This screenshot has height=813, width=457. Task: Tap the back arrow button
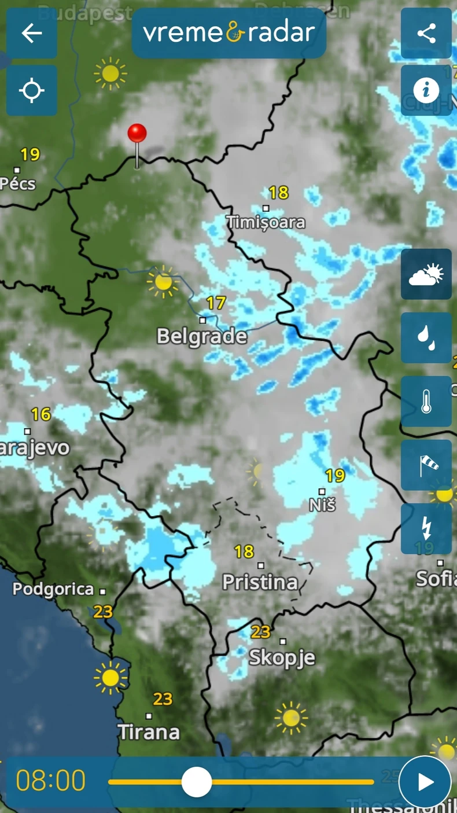click(x=32, y=33)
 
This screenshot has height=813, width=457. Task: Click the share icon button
click(x=426, y=33)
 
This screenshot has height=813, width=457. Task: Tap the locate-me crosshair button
click(x=32, y=91)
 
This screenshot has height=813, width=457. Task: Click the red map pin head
click(x=137, y=133)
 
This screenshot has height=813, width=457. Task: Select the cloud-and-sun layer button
click(x=426, y=274)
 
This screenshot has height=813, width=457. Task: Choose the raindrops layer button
click(x=426, y=338)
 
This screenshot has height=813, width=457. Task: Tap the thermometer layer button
click(x=426, y=402)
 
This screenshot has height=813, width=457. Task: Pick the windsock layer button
click(x=426, y=465)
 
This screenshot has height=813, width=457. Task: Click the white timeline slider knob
click(x=197, y=782)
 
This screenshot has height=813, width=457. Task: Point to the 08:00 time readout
click(x=51, y=781)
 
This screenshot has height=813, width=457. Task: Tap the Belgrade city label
click(x=202, y=336)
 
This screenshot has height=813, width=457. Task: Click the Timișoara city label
click(x=266, y=222)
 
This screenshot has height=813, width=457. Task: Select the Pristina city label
click(x=260, y=582)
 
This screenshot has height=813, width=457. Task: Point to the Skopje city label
click(x=282, y=657)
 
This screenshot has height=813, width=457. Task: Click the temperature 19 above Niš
click(x=335, y=476)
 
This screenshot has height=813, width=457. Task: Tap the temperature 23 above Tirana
click(x=163, y=699)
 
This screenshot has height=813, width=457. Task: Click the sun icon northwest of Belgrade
click(x=163, y=282)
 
